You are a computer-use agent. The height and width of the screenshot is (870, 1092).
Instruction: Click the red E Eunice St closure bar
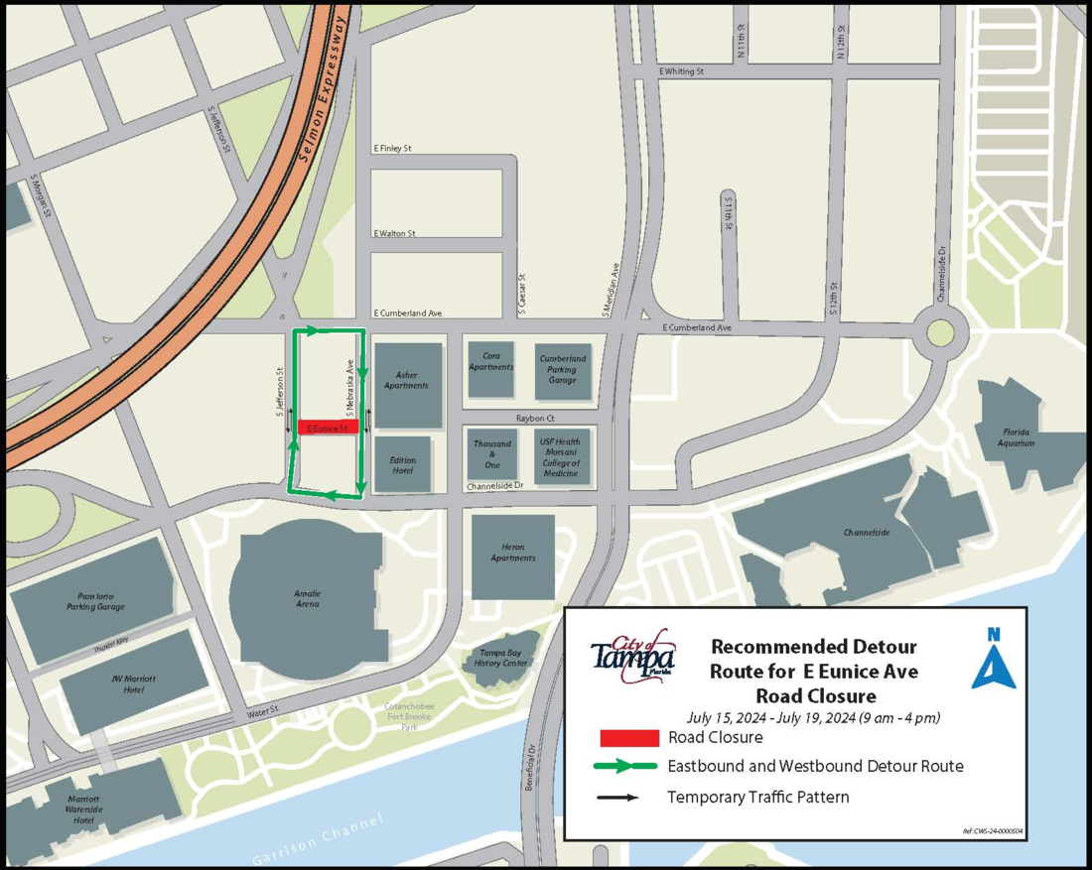coord(328,428)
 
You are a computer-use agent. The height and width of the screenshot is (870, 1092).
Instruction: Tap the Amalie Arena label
coord(307,598)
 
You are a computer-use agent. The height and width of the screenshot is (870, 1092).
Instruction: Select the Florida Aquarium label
coord(1016,437)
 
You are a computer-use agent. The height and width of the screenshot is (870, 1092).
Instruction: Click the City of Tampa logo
coord(633,656)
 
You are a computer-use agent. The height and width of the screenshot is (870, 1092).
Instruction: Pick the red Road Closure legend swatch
coord(629,738)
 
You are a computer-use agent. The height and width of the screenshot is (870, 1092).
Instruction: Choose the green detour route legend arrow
coord(624,766)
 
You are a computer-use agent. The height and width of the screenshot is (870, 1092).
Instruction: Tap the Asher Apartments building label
coord(406,380)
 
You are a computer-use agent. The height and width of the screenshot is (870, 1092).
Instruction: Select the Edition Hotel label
coord(403,465)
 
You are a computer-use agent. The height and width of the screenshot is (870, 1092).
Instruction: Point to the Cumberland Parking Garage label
coord(563,368)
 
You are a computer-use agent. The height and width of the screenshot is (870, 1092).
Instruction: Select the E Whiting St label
coord(681,72)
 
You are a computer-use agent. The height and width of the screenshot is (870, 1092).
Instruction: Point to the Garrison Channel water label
coord(317,839)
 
